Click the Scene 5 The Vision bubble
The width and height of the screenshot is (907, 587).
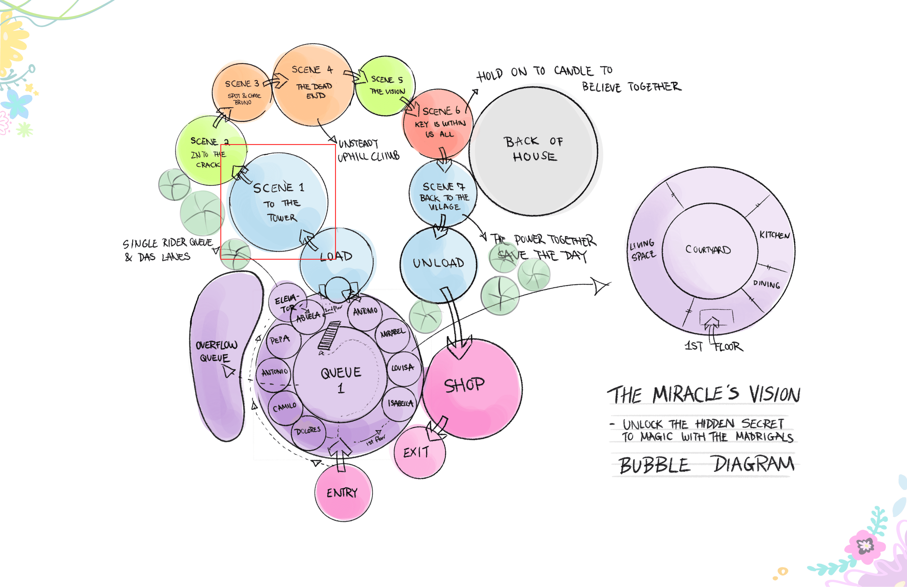pos(386,86)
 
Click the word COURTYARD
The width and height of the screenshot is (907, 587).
pos(708,250)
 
